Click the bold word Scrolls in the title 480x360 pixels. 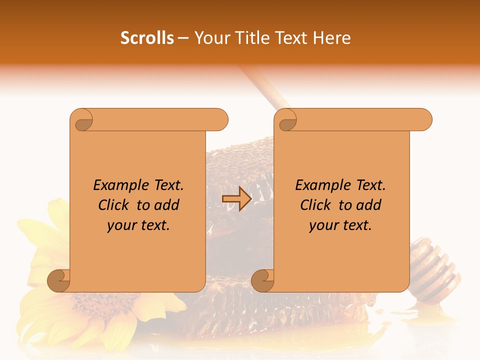click(147, 38)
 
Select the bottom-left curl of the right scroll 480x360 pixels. click(262, 281)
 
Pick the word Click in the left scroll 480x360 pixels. click(114, 205)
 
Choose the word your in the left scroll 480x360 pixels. click(121, 225)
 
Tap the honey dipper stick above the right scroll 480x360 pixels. click(262, 87)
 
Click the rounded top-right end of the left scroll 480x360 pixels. click(220, 120)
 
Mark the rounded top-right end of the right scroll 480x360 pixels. click(424, 120)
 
